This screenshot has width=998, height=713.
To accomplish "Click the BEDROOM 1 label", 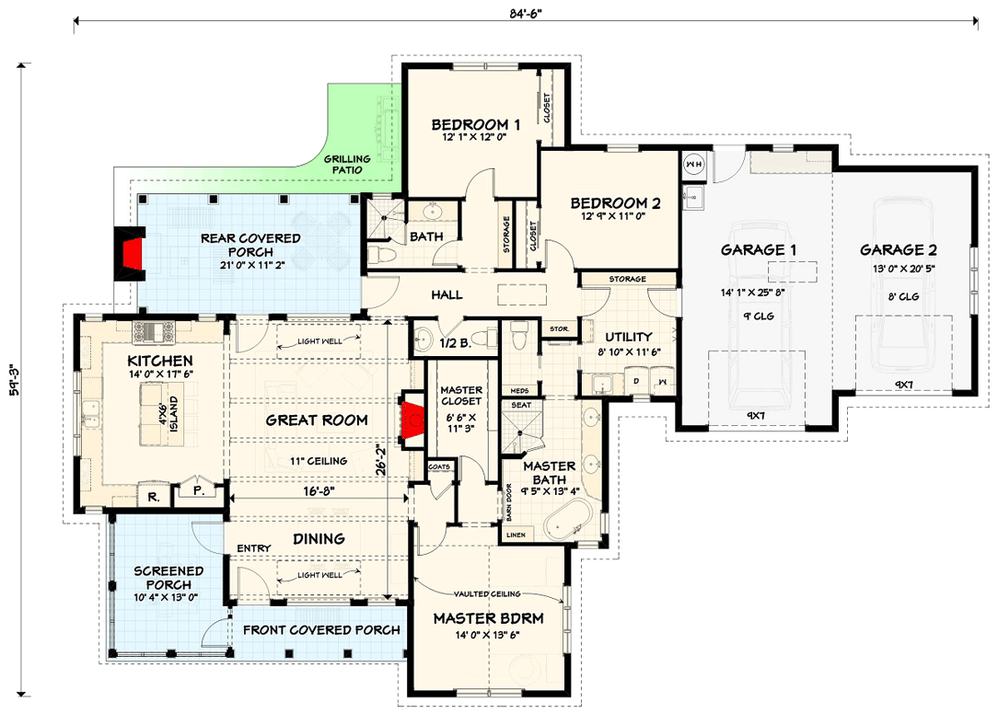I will coord(476,124).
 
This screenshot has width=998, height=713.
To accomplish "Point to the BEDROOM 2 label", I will coord(615,203).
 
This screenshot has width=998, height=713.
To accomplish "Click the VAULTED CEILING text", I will coord(486,594).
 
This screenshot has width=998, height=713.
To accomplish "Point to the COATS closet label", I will coord(440,466).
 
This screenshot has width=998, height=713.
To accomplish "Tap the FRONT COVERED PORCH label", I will coord(321,630).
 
